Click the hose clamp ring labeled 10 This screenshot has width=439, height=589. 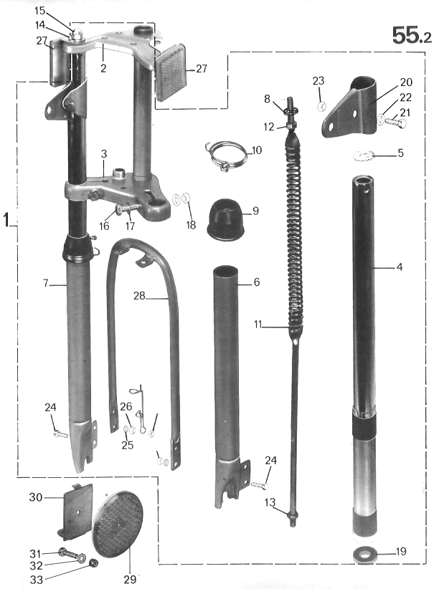point(224,156)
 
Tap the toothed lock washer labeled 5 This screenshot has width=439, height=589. point(365,155)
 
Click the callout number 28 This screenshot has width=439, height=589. point(139,294)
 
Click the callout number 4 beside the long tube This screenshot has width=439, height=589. point(400,268)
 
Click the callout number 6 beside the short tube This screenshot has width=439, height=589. point(256,282)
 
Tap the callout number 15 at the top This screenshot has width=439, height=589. point(39,10)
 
